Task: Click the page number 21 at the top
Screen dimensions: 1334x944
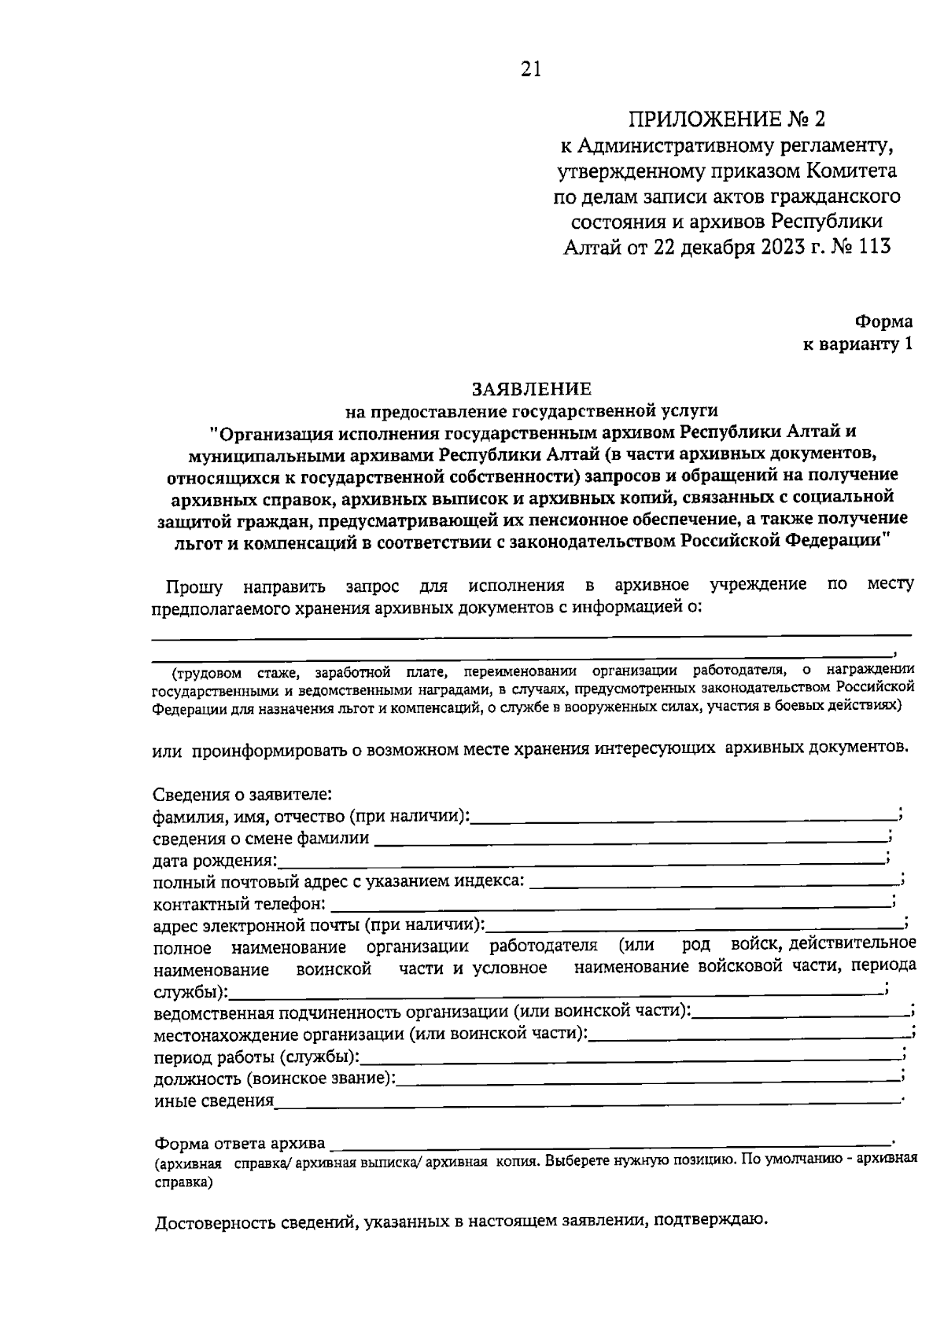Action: pos(531,70)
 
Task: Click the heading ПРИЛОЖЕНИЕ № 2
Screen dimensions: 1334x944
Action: pos(728,119)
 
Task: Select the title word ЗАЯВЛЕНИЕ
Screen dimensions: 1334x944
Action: pos(531,388)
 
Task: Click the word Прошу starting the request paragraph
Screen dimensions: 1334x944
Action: pos(194,586)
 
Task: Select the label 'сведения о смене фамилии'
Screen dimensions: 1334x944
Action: pos(261,838)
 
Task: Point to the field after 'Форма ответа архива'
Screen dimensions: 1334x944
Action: pos(610,1140)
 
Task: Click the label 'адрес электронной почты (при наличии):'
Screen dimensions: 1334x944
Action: pos(319,924)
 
